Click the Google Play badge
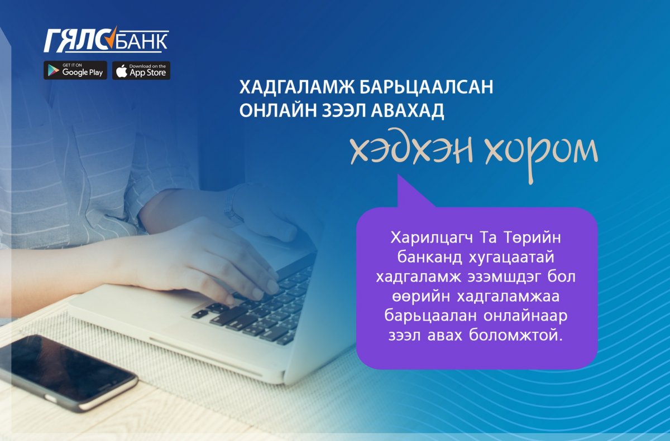(75, 70)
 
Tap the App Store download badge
(141, 70)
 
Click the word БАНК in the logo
(141, 41)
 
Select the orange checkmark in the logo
(112, 37)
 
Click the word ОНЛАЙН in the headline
(278, 110)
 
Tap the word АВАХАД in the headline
(408, 111)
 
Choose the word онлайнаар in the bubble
(525, 317)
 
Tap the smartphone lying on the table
(68, 372)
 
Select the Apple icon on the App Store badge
(122, 71)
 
